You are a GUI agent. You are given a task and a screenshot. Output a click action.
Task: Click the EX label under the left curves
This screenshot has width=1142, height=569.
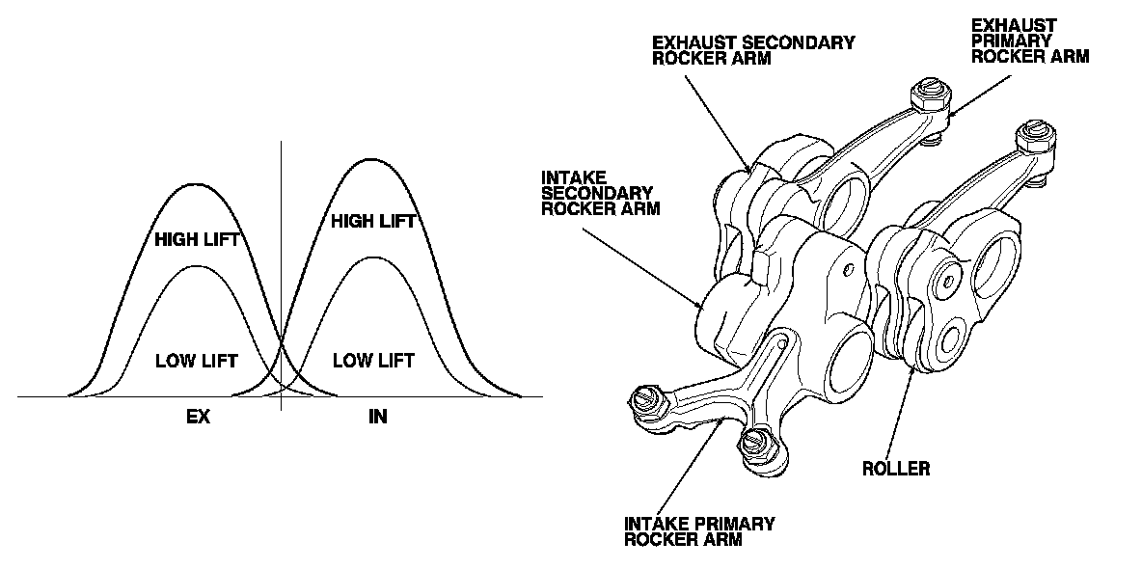pos(198,418)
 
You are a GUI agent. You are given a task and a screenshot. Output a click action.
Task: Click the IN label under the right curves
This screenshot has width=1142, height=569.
pos(377,418)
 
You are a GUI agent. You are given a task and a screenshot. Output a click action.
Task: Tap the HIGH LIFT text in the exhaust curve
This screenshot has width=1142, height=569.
pos(197,239)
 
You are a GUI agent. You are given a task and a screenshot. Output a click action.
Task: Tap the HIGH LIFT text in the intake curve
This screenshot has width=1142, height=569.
pos(373,222)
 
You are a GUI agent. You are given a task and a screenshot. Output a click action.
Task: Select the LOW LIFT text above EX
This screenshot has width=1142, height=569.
pos(197,361)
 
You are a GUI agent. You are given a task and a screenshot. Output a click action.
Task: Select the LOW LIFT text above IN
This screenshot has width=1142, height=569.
pos(373,361)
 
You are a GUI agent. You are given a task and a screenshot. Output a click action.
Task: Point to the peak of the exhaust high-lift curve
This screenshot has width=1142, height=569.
pos(197,182)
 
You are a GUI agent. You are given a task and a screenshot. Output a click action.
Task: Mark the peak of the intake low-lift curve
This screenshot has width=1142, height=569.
pos(373,257)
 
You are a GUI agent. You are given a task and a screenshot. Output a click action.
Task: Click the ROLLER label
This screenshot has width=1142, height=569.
pos(896,469)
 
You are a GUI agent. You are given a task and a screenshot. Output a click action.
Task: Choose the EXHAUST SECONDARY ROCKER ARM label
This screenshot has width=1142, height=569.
pos(752,50)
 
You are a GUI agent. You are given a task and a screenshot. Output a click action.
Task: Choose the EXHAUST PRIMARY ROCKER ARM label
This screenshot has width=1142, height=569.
pos(1030,41)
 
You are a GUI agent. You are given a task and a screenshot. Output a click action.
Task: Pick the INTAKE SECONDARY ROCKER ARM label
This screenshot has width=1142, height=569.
pos(601,193)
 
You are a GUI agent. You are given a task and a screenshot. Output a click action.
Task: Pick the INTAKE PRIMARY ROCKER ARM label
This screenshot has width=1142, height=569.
pos(699,531)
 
